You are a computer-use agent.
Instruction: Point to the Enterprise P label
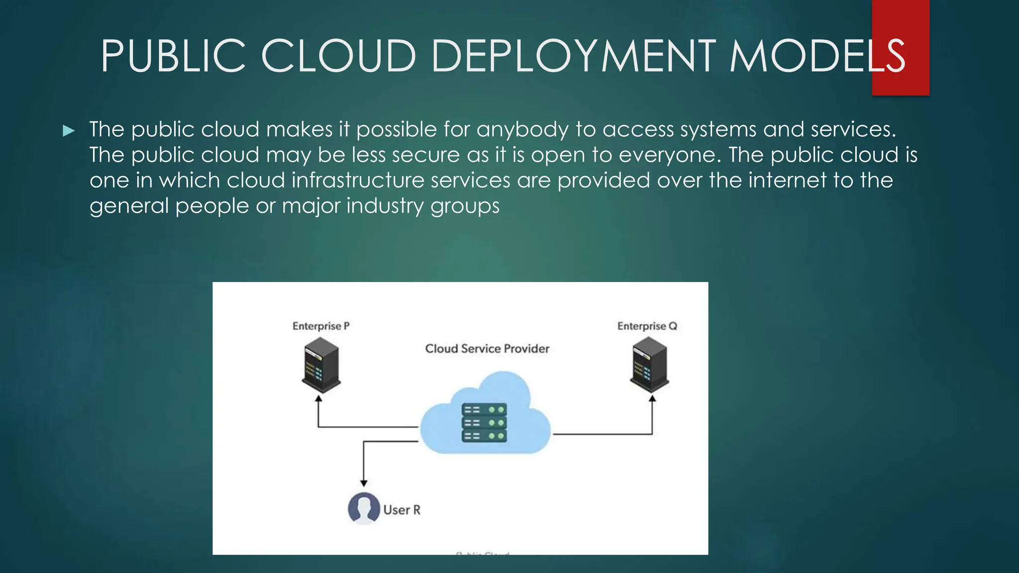(x=321, y=326)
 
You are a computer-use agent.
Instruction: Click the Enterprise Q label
(x=647, y=326)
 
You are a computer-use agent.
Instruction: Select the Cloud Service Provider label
(x=487, y=349)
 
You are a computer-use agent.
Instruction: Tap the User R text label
(x=402, y=510)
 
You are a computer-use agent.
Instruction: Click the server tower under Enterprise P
(x=321, y=365)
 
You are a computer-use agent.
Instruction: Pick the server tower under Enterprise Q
(x=649, y=365)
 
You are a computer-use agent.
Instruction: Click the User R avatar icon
(x=364, y=508)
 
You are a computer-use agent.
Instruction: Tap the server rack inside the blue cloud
(x=484, y=423)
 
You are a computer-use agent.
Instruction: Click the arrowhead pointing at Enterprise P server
(x=319, y=398)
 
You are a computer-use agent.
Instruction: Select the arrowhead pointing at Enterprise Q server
(x=652, y=398)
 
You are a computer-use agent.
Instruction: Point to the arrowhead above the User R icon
(x=364, y=483)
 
